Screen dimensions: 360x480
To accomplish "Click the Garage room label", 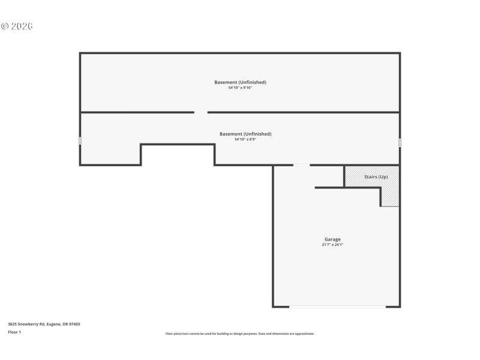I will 332,239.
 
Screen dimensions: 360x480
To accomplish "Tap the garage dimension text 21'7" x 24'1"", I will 332,245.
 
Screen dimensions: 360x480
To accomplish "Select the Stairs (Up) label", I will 376,177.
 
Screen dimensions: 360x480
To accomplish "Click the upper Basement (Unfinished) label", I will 240,82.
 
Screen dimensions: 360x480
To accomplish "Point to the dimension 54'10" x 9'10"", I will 240,88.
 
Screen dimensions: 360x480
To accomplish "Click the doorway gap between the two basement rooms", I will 201,112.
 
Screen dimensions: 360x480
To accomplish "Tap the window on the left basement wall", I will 80,141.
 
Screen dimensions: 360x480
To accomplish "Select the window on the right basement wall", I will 400,143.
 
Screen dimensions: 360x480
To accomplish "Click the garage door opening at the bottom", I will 337,307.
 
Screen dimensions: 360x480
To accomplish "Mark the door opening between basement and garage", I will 301,165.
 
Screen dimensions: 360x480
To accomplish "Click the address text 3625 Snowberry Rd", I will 44,324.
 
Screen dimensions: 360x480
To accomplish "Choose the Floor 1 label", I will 14,332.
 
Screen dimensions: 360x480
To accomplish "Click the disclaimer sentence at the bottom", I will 240,334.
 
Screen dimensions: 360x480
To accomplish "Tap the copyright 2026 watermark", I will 17,26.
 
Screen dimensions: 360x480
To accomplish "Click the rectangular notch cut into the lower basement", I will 178,155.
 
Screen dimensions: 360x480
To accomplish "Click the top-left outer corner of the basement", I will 80,53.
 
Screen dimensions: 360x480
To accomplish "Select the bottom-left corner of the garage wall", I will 274,307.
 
